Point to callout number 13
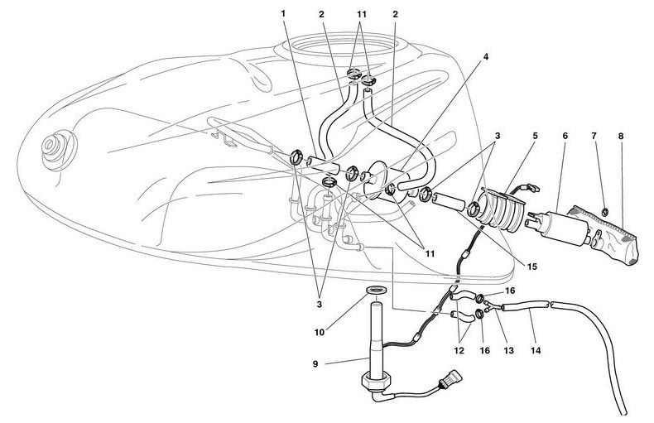pos(507,350)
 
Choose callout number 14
pos(536,350)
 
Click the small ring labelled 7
pos(605,212)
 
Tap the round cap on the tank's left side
pos(56,150)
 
